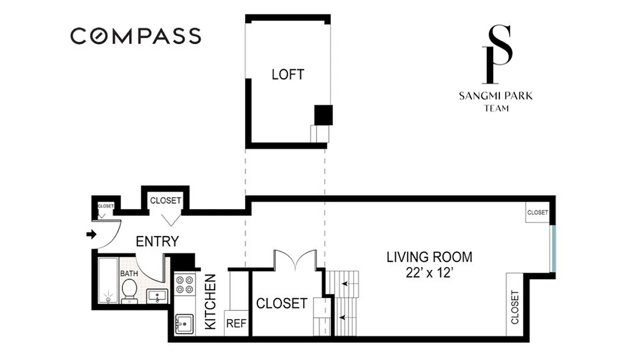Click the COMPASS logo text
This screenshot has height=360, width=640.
point(135,36)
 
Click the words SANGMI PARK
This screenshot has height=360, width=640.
point(496,96)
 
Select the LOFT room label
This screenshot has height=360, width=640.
point(288,74)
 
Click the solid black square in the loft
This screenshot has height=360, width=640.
point(323,115)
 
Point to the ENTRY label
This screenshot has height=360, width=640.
point(157,241)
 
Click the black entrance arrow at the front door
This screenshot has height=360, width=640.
point(91,234)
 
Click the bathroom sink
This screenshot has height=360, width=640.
point(157,296)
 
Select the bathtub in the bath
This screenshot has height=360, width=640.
point(108,280)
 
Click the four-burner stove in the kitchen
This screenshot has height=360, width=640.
point(184,284)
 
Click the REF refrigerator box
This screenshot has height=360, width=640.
point(236,323)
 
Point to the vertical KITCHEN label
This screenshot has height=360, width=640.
point(210,301)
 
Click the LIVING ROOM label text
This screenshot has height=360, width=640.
point(429,257)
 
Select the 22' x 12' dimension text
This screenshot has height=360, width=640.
point(428,273)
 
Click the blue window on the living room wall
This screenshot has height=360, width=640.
point(554,248)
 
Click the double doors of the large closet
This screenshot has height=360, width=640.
point(295,261)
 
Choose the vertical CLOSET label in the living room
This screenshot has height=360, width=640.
point(515,307)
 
